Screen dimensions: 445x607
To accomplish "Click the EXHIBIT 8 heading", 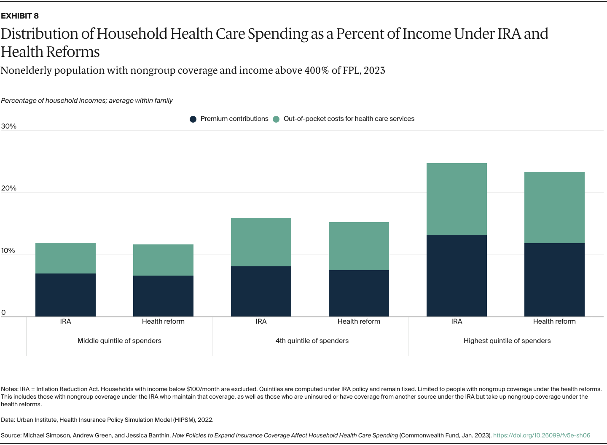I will click(20, 16).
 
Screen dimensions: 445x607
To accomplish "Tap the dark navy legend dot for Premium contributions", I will click(193, 119).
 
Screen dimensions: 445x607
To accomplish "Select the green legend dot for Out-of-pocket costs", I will click(276, 119).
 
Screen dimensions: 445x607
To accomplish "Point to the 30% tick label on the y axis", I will click(8, 126).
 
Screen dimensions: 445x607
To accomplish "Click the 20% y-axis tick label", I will click(8, 188).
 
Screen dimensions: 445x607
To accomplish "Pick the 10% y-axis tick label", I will click(8, 251).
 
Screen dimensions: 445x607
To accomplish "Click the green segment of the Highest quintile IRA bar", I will click(457, 199).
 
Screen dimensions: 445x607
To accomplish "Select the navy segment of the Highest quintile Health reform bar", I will click(554, 280).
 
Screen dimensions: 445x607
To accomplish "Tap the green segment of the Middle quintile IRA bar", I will click(65, 258).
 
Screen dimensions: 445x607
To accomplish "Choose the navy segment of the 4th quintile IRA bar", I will click(261, 291).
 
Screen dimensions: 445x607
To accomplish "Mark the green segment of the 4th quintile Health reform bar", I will click(359, 246).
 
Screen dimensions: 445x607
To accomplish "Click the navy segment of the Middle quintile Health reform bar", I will click(163, 296).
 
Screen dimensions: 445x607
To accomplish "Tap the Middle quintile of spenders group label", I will click(119, 340).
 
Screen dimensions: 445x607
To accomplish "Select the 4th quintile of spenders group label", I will click(312, 340).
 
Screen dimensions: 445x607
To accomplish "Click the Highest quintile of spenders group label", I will click(507, 340).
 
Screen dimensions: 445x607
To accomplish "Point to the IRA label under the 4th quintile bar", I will click(261, 322).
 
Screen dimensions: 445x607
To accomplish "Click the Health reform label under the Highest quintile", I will click(554, 322).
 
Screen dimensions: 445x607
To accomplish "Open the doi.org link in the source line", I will click(542, 435).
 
